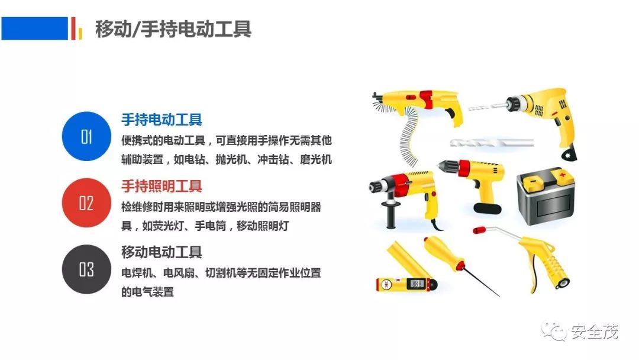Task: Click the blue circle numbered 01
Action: click(86, 136)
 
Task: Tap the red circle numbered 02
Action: click(86, 202)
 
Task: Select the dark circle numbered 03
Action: click(86, 269)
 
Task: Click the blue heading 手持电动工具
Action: click(162, 120)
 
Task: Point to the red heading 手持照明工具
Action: click(162, 187)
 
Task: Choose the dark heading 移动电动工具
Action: click(162, 252)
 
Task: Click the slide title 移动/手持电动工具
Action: click(173, 28)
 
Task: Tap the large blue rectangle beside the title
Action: click(35, 28)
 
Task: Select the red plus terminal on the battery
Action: click(562, 176)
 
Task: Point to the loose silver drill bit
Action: click(492, 143)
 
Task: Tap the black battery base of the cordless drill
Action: click(488, 208)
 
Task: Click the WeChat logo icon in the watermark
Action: click(554, 331)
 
